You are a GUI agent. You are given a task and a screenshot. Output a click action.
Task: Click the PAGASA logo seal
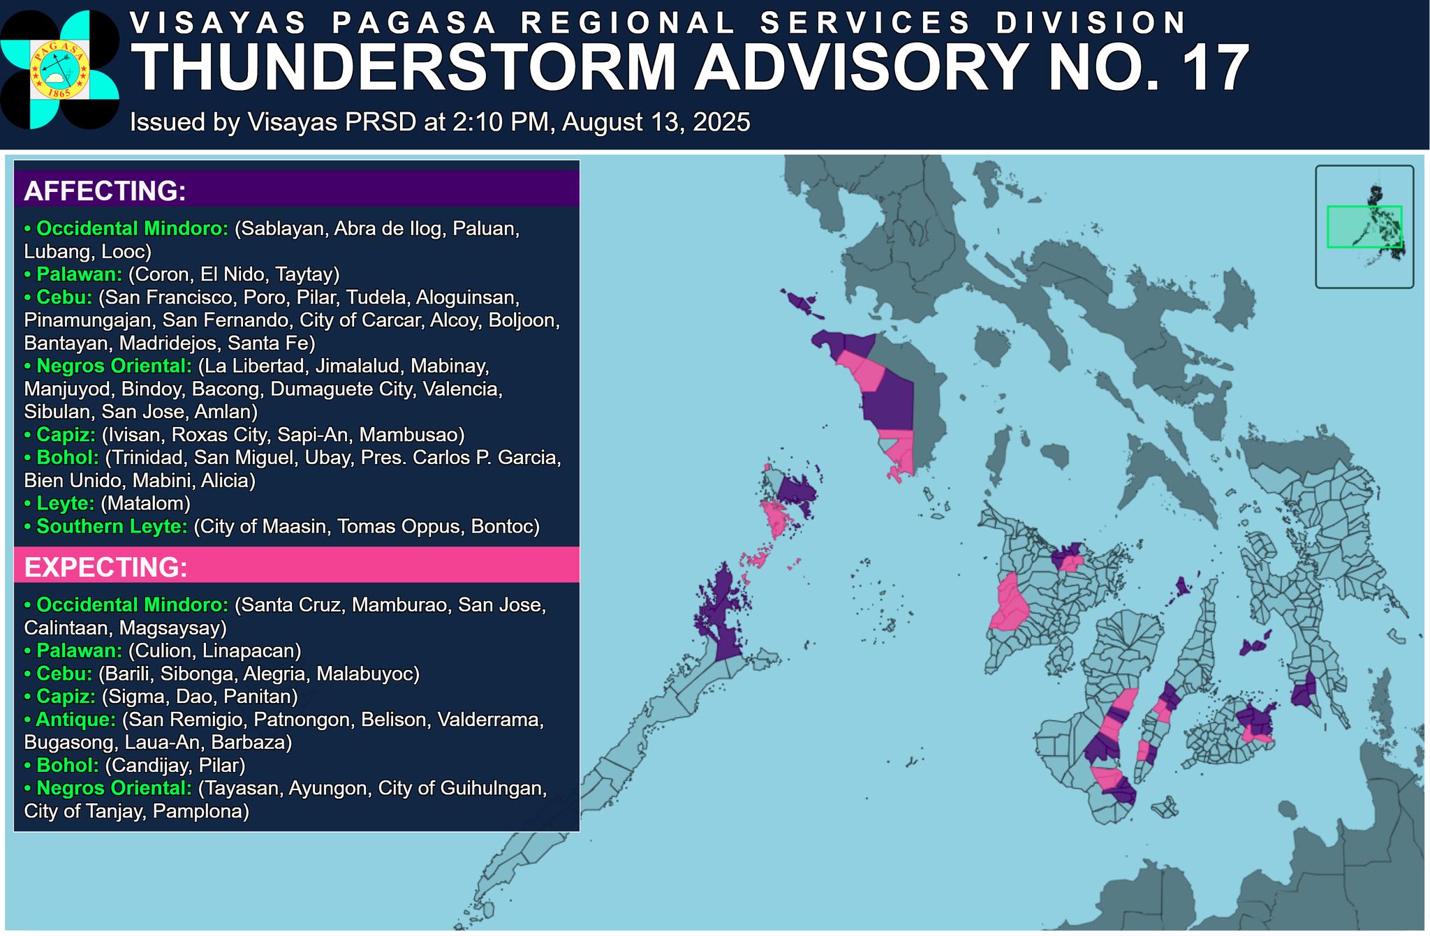tap(59, 69)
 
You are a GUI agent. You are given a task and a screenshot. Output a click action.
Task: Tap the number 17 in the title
tap(1214, 68)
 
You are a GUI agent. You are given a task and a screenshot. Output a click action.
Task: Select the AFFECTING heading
tap(105, 191)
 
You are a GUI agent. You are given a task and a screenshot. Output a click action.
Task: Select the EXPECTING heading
tap(105, 567)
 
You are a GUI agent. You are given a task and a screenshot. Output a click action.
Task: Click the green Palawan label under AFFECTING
tap(79, 274)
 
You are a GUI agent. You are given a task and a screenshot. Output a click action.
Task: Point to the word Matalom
tap(145, 503)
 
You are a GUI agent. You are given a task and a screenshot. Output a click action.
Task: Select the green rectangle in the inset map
tap(1364, 226)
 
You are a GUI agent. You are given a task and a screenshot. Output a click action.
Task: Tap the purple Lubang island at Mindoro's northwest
tap(799, 302)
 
